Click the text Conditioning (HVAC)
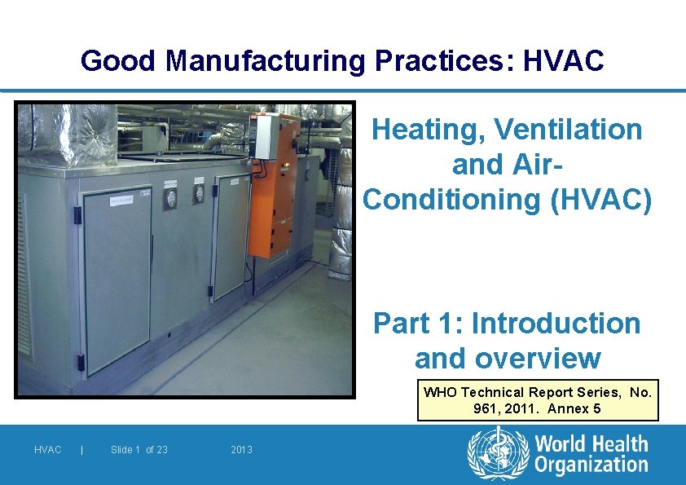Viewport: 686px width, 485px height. pos(507,199)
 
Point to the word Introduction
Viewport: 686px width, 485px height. pos(556,324)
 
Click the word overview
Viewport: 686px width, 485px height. pos(507,359)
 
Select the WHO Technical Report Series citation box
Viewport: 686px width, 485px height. pos(537,400)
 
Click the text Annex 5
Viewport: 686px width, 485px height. pos(574,408)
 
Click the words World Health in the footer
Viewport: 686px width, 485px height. pos(591,445)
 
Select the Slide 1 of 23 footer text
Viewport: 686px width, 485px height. pos(139,450)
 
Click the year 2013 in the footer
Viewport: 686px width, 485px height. pos(241,450)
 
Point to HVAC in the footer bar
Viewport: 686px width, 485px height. pos(47,450)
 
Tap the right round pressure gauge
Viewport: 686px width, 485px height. pos(198,193)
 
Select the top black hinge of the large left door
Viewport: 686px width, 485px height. pos(78,215)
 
